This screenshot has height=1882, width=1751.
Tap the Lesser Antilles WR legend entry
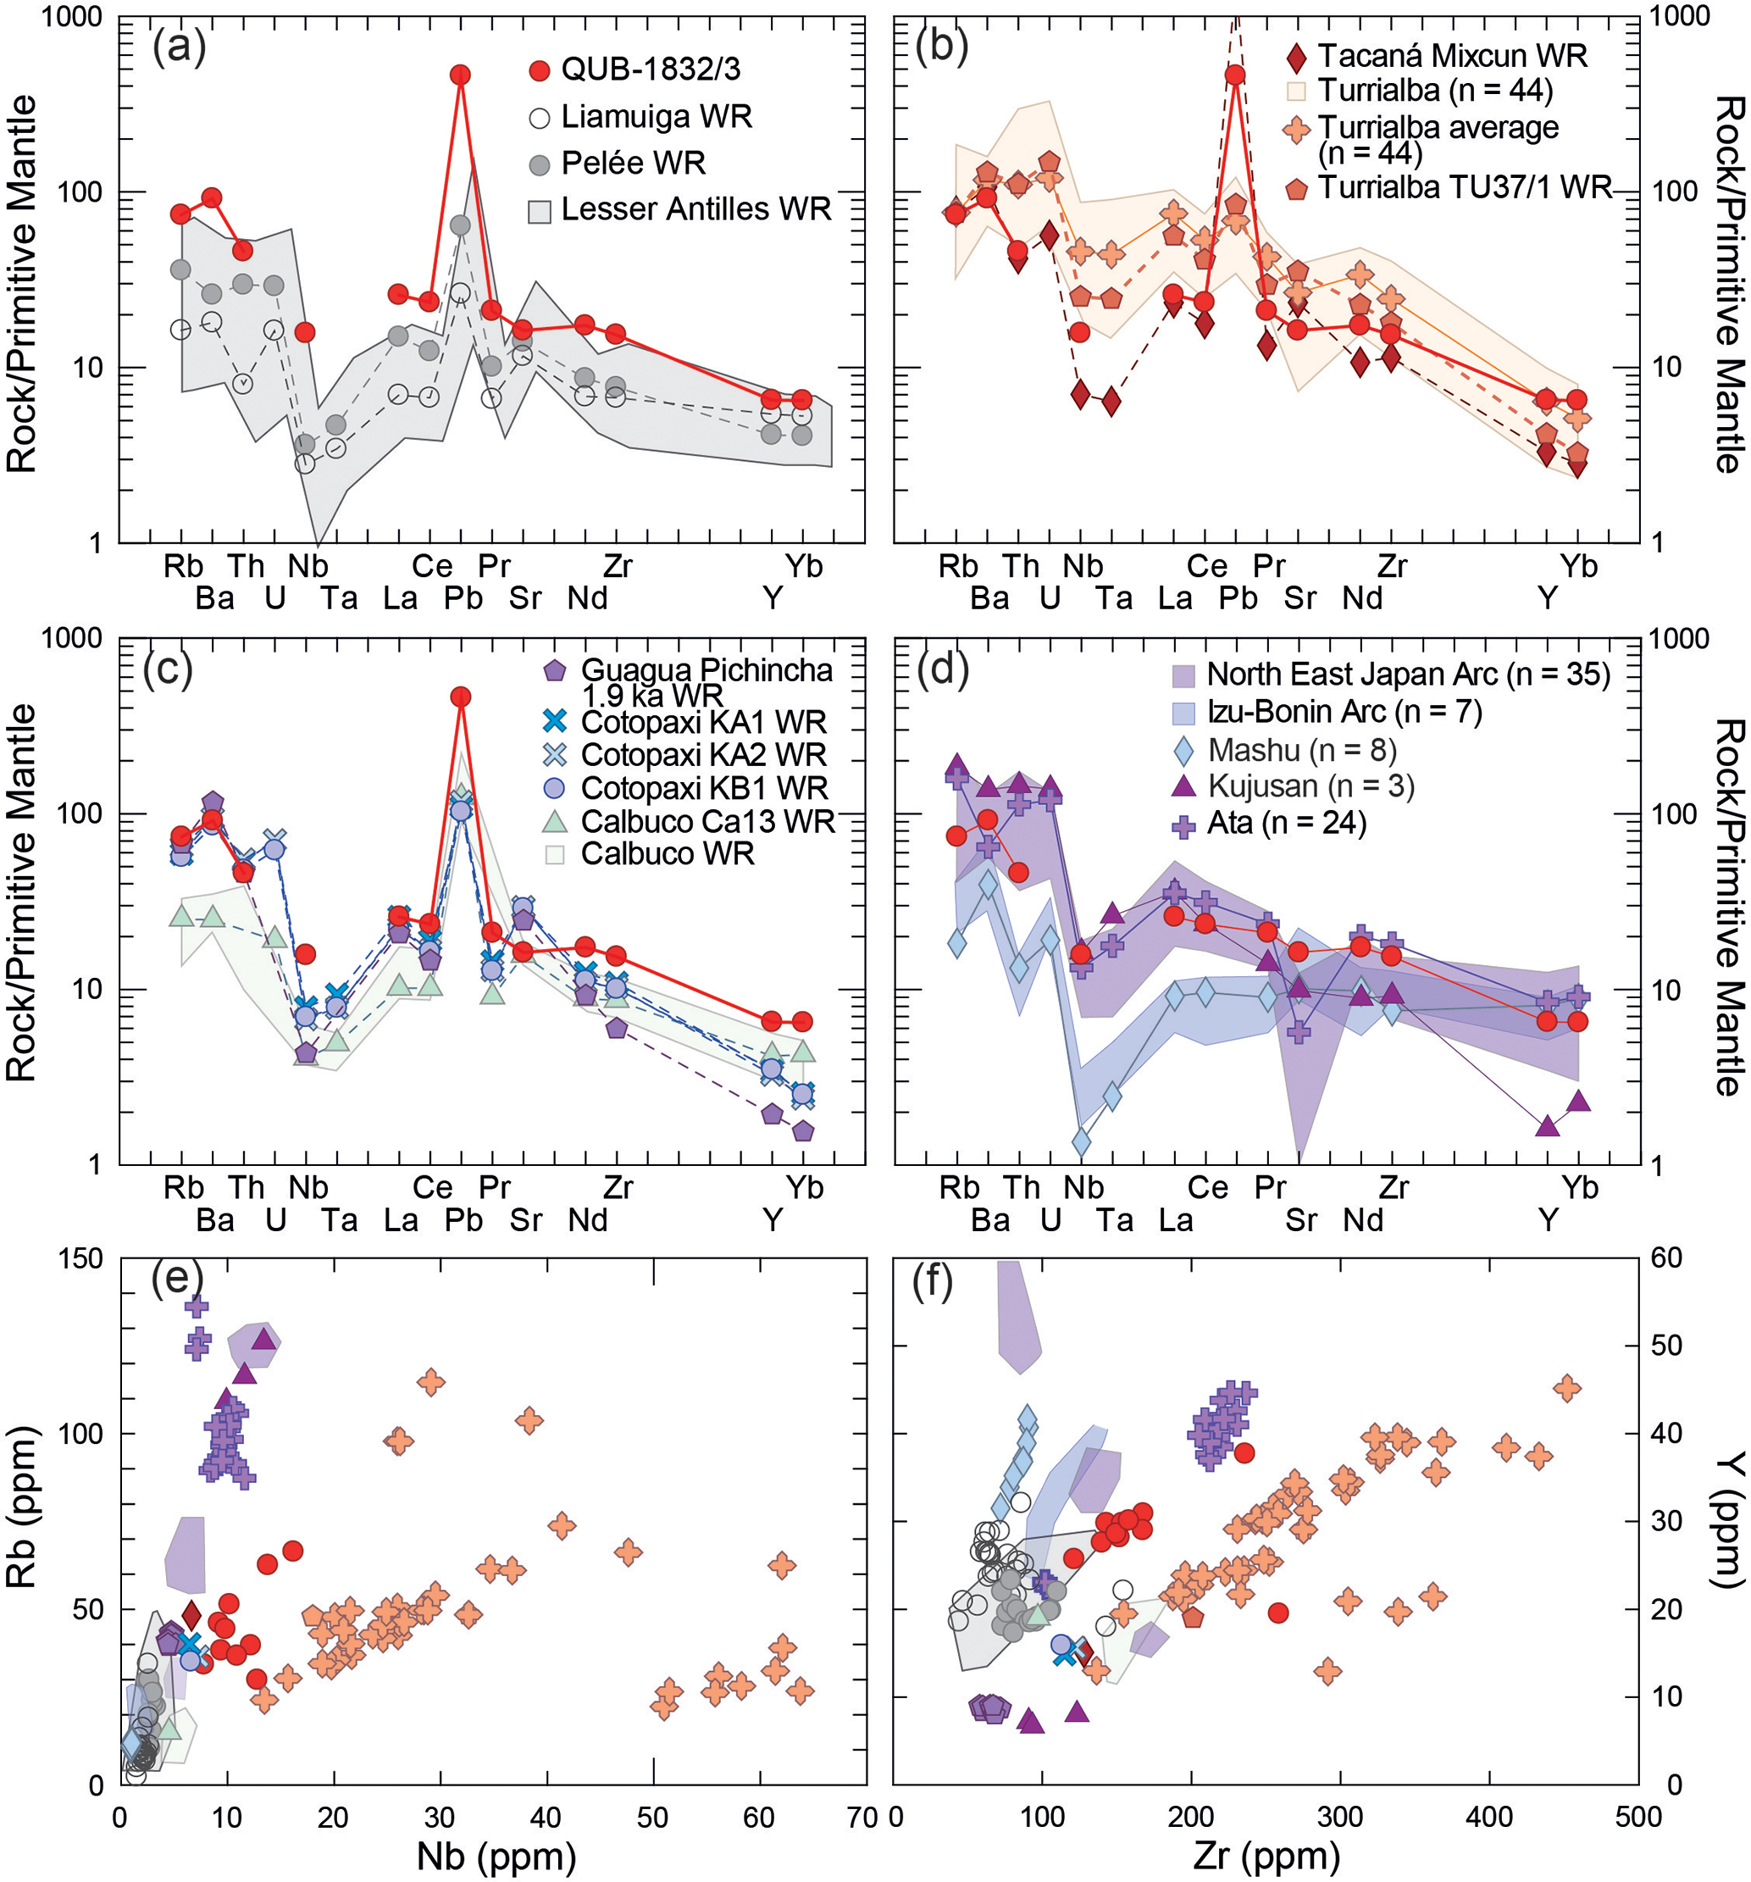pyautogui.click(x=695, y=209)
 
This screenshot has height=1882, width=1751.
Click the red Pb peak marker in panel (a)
pyautogui.click(x=461, y=75)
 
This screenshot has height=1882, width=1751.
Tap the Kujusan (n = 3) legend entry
pyautogui.click(x=1310, y=786)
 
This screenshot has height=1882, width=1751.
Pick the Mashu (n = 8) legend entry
pyautogui.click(x=1302, y=750)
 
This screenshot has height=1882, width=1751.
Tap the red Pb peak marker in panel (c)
pyautogui.click(x=461, y=697)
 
